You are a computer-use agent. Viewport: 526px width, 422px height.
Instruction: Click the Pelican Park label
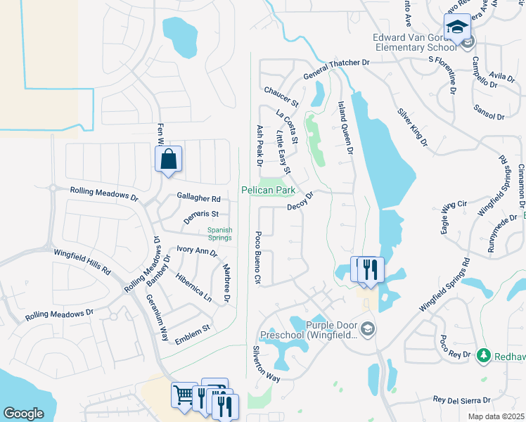tap(268, 191)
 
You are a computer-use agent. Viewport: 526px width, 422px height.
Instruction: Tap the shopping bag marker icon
tap(169, 159)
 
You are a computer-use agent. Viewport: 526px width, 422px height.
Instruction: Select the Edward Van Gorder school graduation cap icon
tap(457, 28)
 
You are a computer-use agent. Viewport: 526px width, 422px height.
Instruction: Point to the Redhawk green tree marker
tap(483, 357)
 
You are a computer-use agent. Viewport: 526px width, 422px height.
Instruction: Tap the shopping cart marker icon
tap(184, 395)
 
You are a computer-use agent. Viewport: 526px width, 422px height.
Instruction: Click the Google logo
tap(23, 414)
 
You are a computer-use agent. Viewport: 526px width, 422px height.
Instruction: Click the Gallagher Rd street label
tap(199, 199)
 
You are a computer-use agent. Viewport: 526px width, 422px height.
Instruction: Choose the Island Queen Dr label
tap(343, 127)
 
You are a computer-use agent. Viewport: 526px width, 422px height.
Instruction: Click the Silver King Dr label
tap(413, 127)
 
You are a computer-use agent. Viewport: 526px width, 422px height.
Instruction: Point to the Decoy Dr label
tap(300, 203)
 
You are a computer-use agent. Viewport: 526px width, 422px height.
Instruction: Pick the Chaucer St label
tap(281, 96)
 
